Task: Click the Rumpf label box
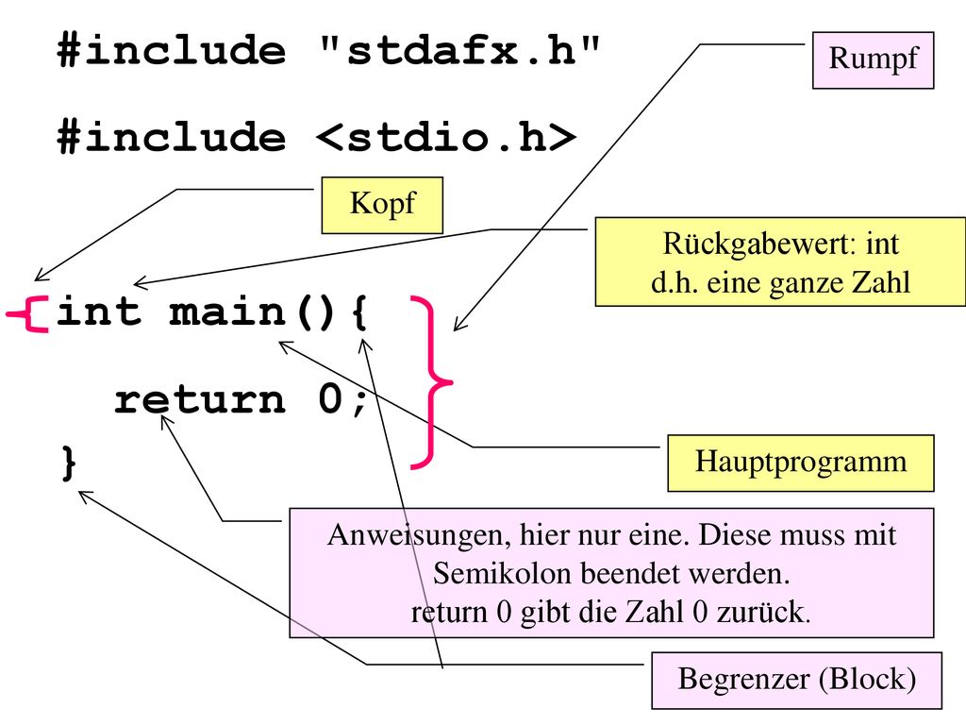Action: click(873, 60)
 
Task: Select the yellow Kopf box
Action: click(382, 205)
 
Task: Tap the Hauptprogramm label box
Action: click(801, 463)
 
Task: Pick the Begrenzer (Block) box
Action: click(796, 680)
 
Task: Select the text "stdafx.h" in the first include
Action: click(459, 50)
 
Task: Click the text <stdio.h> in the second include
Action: click(446, 136)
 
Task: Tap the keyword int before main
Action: click(98, 311)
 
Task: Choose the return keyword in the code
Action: click(200, 399)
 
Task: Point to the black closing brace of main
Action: click(69, 463)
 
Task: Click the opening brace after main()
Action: click(360, 312)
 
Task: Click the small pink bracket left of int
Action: click(28, 314)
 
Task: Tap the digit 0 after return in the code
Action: click(330, 398)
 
